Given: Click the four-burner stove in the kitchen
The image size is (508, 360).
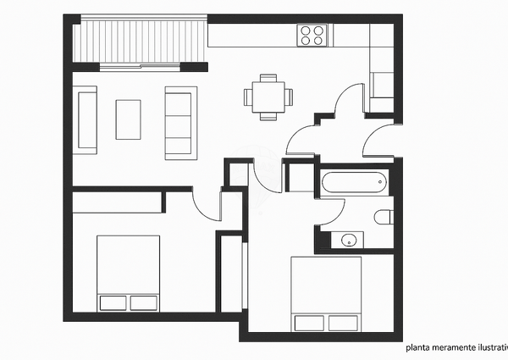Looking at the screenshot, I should tap(312, 34).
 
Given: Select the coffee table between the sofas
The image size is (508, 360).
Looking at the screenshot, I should tap(129, 119).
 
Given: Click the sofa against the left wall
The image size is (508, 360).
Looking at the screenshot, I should tap(86, 120).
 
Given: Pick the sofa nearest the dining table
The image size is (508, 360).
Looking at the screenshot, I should tap(179, 120).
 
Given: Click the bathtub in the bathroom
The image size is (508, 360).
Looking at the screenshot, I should tap(354, 182).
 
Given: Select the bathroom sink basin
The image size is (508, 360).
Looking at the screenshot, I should tap(349, 241).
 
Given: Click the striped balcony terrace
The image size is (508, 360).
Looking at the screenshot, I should tap(140, 42).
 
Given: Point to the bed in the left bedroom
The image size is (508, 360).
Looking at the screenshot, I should tap(129, 274).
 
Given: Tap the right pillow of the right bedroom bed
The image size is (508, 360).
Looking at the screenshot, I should tap(344, 323).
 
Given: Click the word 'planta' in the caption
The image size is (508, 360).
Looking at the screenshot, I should tap(417, 346).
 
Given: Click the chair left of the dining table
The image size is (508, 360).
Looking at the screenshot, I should tap(248, 96).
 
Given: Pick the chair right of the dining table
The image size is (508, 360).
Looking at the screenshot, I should tap(289, 96).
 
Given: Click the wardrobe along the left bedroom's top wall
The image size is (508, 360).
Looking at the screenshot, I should tap(117, 202).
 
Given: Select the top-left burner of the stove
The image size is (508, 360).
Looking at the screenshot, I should tap(306, 29).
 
